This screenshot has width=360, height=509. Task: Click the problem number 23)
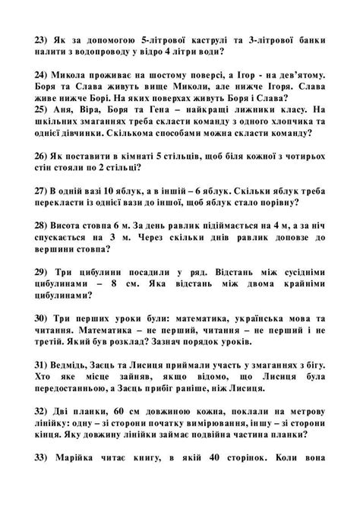coord(43,37)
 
